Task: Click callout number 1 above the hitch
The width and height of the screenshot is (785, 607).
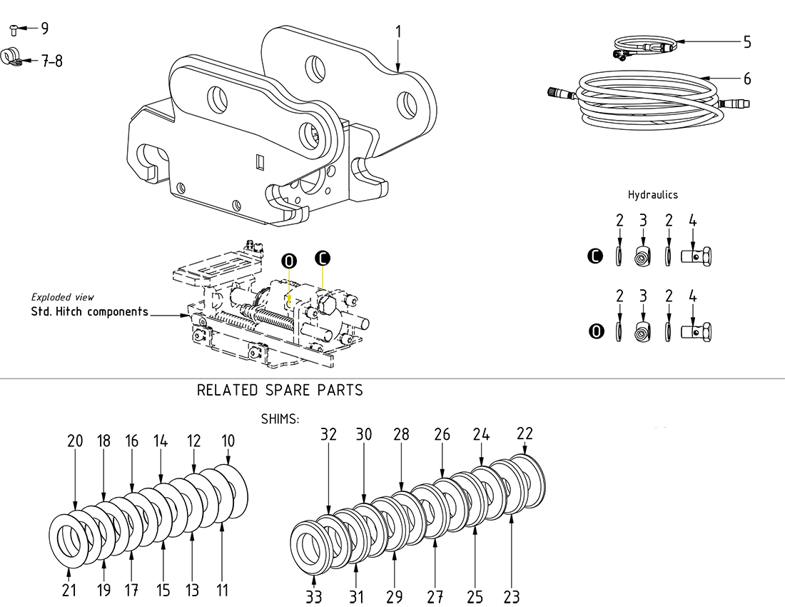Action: click(x=398, y=32)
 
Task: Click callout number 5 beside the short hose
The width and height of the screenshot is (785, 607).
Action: click(x=746, y=42)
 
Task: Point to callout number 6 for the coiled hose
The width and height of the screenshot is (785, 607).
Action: click(x=747, y=79)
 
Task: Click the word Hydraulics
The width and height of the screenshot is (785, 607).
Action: click(x=652, y=194)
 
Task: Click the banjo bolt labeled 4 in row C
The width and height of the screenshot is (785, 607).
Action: click(x=697, y=256)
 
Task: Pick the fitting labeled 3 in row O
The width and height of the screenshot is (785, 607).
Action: click(x=643, y=331)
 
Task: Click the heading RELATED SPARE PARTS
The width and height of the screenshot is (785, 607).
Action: click(x=280, y=391)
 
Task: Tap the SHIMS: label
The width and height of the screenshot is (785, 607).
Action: click(x=280, y=419)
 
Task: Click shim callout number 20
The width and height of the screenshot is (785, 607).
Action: click(x=75, y=441)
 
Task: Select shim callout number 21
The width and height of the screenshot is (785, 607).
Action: click(x=69, y=590)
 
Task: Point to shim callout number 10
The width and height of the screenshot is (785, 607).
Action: click(x=228, y=441)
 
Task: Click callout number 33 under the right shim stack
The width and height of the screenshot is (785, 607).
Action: click(x=314, y=596)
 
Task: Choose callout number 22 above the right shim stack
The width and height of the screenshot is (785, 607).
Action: click(x=525, y=434)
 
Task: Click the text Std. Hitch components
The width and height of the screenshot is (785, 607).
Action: click(x=89, y=311)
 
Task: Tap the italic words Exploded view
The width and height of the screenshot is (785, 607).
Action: click(x=62, y=297)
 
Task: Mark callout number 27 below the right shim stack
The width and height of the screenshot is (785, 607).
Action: click(x=435, y=596)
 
